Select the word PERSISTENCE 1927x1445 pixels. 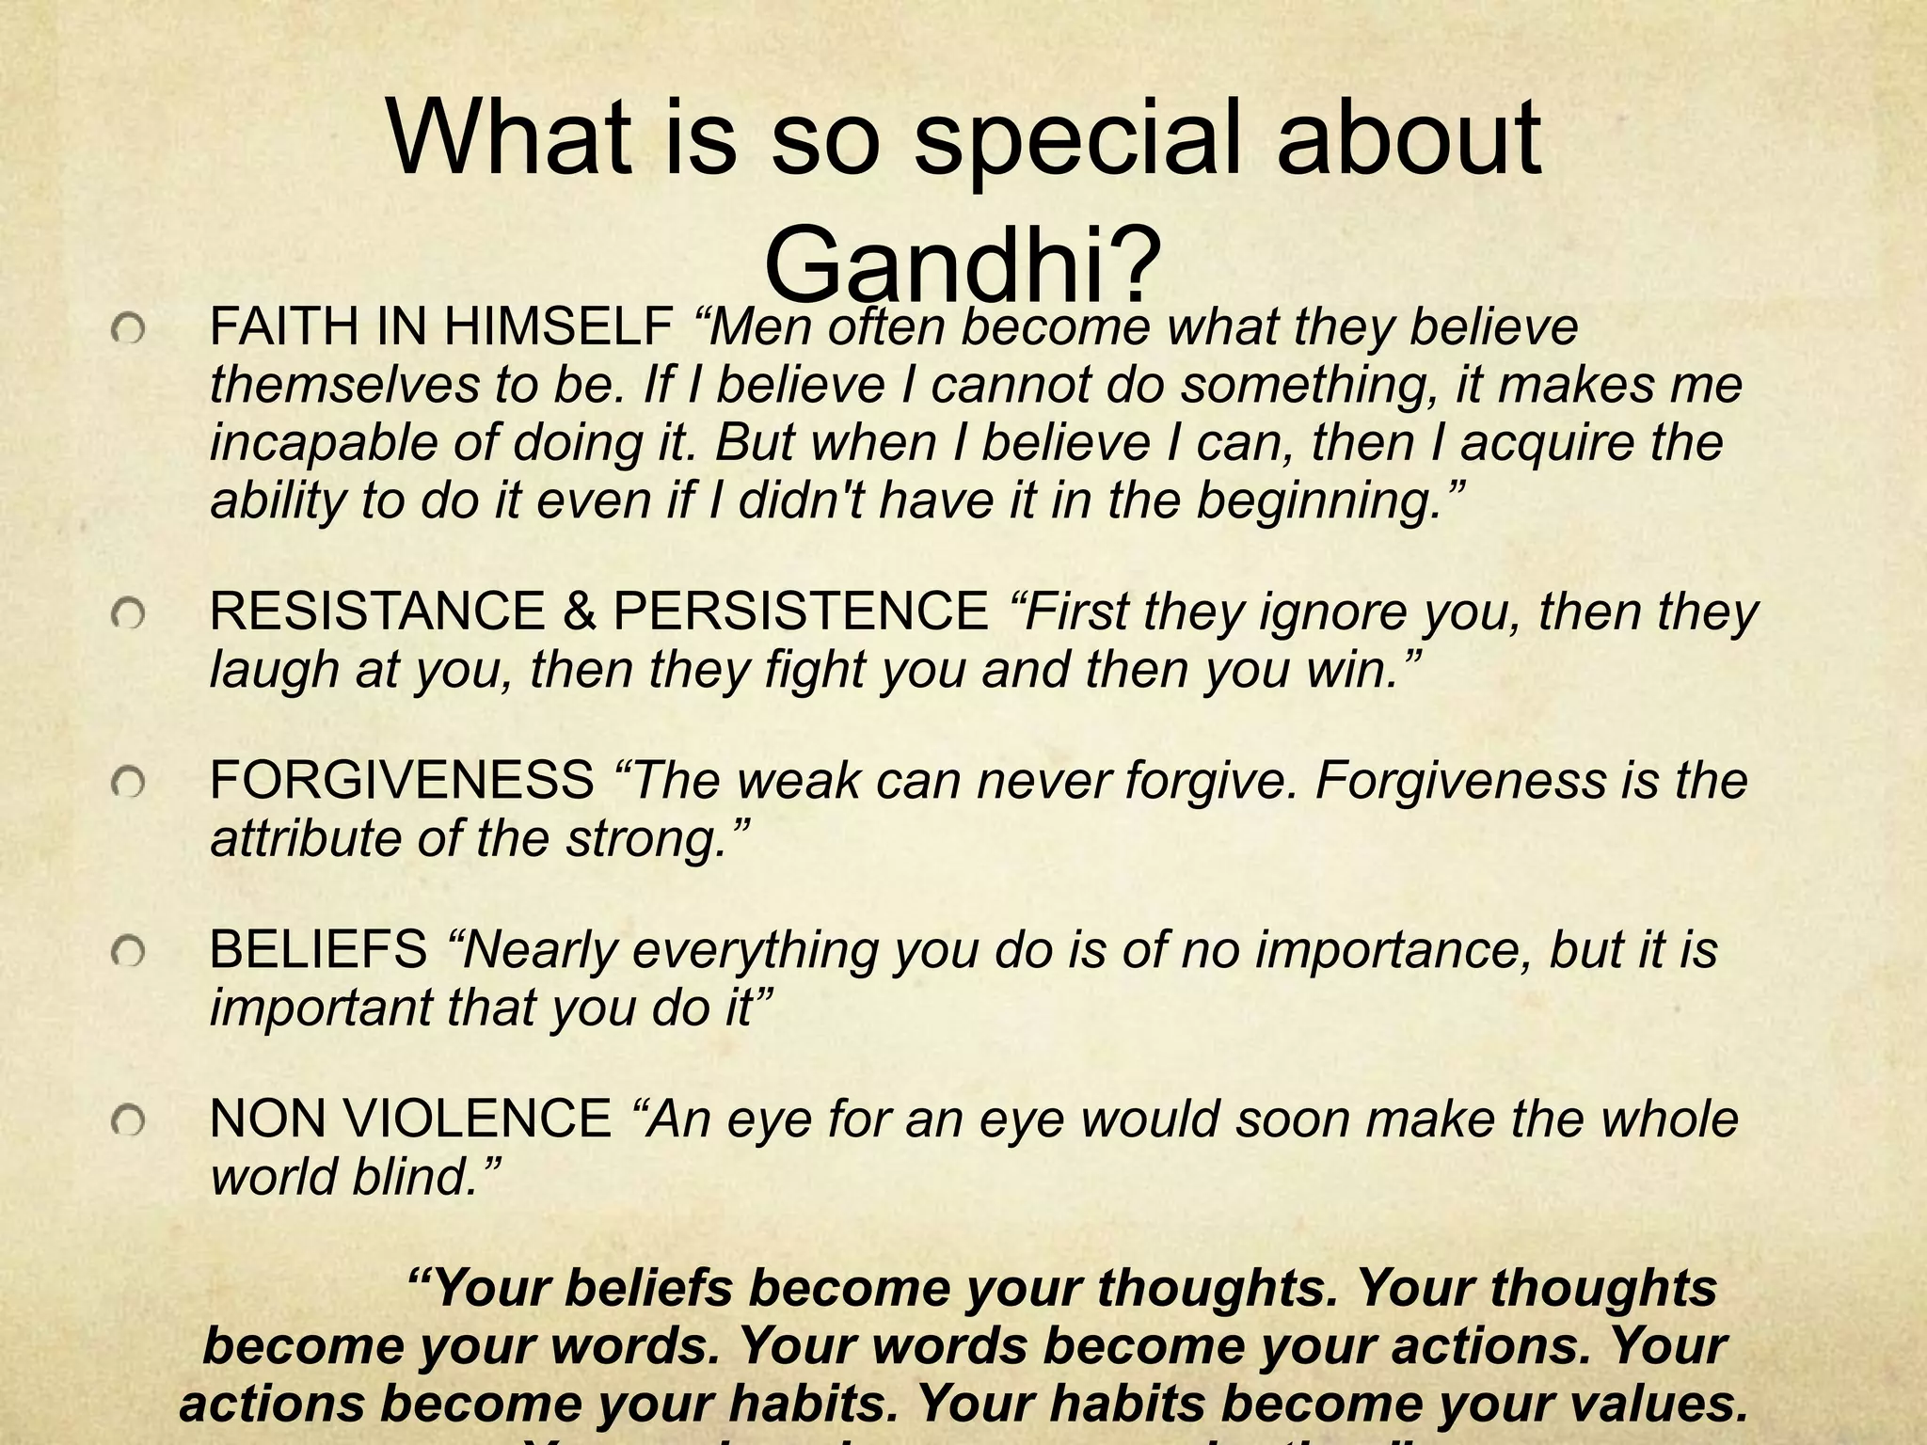pyautogui.click(x=801, y=611)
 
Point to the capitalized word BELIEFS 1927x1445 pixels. pyautogui.click(x=318, y=950)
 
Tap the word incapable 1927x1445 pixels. pyautogui.click(x=322, y=444)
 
